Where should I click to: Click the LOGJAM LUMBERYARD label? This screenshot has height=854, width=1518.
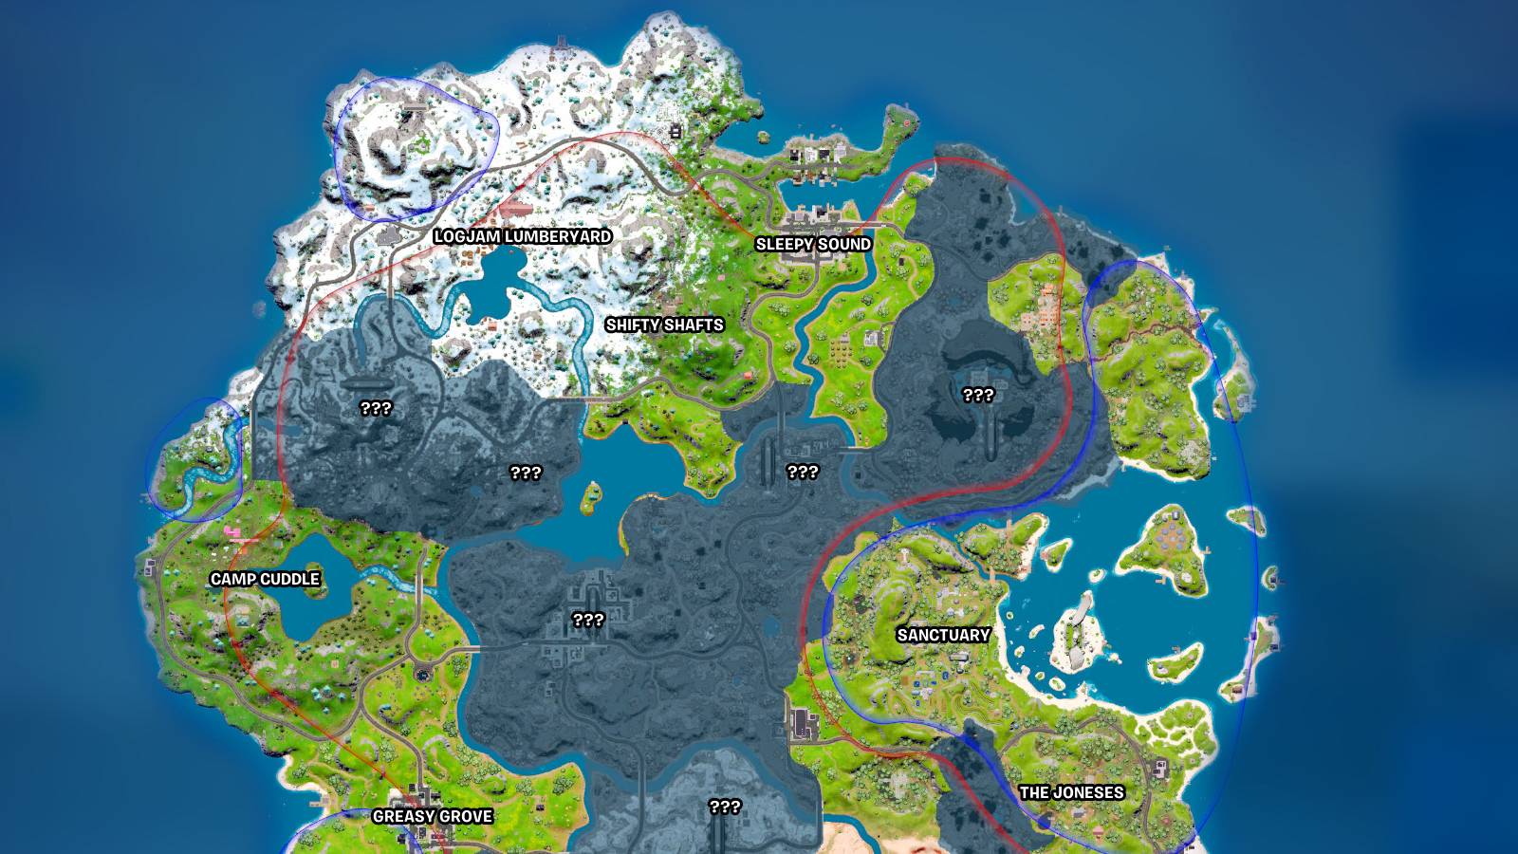coord(522,236)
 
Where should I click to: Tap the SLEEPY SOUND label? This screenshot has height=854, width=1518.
coord(813,244)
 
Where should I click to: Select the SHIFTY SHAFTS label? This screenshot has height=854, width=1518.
coord(664,325)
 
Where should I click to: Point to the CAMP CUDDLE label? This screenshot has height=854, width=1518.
coord(265,579)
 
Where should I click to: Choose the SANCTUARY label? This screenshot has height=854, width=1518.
coord(943,635)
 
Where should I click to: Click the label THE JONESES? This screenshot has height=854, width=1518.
coord(1071,792)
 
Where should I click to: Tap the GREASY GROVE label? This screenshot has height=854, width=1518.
coord(432,816)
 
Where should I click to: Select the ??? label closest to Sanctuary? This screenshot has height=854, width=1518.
coord(803,472)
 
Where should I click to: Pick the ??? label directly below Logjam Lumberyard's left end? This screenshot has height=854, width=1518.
coord(376,409)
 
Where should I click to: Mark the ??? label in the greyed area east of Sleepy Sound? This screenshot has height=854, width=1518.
coord(978,395)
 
